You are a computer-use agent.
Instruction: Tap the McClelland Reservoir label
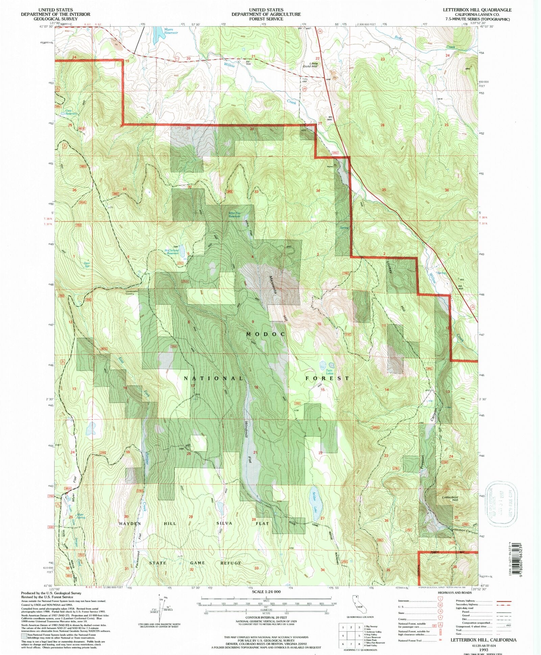click(171, 251)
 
